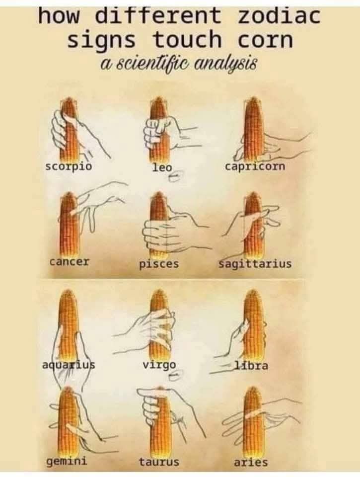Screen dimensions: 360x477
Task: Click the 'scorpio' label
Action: [69, 167]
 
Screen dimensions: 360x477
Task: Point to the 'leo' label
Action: [161, 167]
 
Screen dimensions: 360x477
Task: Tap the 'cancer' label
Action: [70, 261]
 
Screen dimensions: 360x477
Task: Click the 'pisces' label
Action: [159, 264]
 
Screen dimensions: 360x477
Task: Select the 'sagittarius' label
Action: [255, 264]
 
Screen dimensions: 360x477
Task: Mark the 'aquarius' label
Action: [69, 365]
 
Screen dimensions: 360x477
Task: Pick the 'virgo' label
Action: [159, 365]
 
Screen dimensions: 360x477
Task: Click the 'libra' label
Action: [251, 365]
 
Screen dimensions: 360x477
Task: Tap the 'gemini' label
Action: [67, 462]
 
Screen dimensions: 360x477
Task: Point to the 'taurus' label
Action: [159, 462]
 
